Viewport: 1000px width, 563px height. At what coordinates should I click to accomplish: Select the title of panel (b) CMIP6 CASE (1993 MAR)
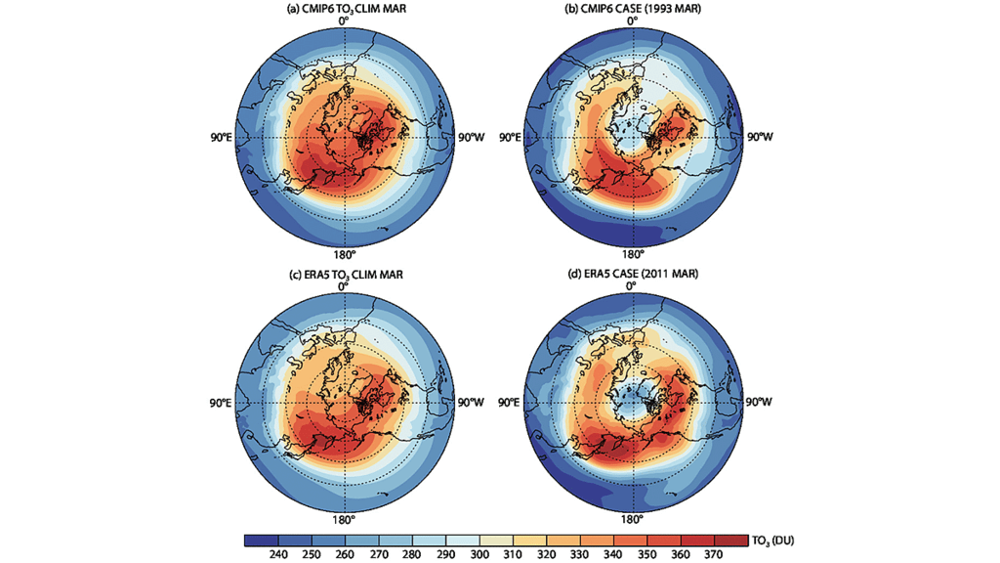click(x=631, y=10)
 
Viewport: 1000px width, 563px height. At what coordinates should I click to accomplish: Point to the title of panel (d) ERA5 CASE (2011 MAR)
click(x=631, y=275)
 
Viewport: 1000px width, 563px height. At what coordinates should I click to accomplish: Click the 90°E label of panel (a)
click(x=217, y=137)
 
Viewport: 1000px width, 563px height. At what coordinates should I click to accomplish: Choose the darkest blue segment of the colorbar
click(x=260, y=540)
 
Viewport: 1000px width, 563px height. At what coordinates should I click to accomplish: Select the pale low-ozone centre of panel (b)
click(x=632, y=132)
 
